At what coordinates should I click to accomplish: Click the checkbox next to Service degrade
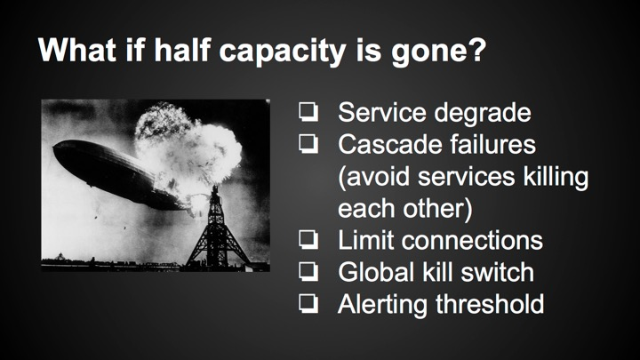click(308, 114)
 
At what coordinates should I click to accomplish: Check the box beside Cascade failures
click(308, 144)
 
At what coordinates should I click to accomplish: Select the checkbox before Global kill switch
click(308, 272)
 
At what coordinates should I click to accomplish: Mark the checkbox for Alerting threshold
click(308, 304)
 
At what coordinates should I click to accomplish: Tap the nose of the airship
click(59, 156)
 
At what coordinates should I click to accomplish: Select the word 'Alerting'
click(383, 304)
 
